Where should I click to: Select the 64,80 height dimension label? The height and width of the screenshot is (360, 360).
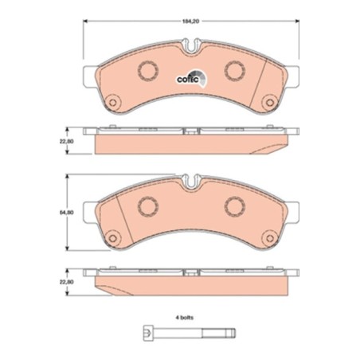click(71, 213)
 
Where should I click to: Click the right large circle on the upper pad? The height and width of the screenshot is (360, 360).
click(234, 71)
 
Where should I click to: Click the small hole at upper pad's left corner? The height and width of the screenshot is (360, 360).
click(112, 101)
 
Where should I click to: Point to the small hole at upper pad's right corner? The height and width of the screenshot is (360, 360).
click(267, 101)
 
